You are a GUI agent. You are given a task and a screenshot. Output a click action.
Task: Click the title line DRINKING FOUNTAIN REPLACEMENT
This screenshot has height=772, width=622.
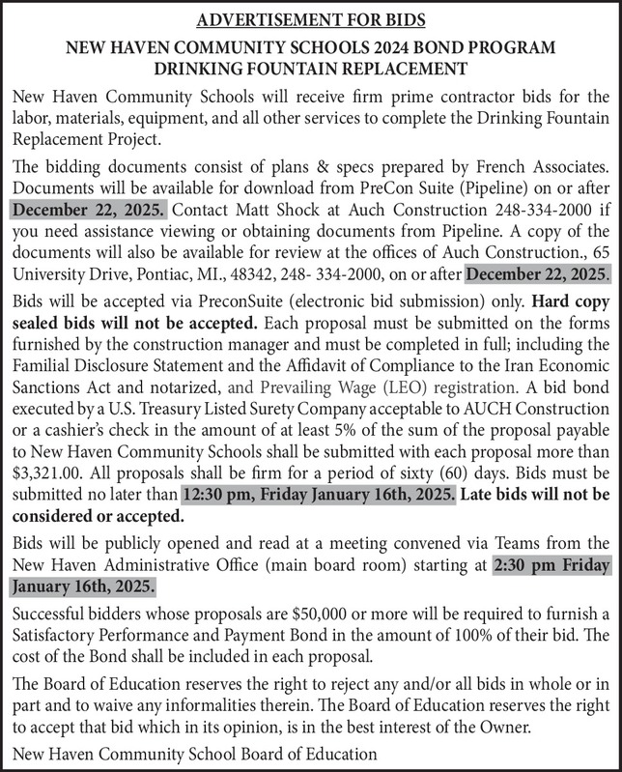pos(310,69)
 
